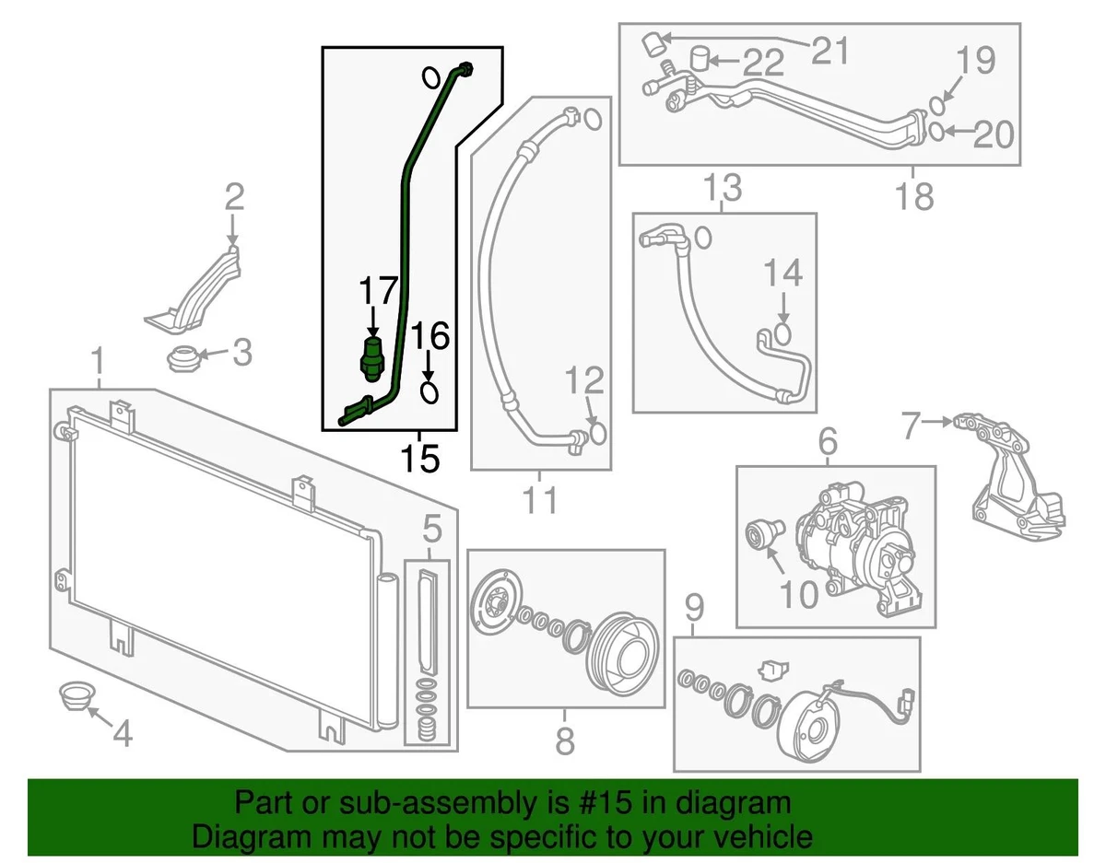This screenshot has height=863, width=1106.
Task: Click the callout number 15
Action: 420,457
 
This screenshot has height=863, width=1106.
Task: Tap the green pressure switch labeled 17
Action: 372,356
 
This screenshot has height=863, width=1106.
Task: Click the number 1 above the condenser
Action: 98,364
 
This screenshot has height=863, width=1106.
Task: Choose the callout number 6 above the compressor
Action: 827,444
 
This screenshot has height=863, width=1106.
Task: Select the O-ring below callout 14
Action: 782,331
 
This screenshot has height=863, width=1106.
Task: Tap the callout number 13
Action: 723,189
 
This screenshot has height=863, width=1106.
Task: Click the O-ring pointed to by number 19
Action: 936,102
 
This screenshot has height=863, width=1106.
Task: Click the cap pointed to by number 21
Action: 653,41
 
